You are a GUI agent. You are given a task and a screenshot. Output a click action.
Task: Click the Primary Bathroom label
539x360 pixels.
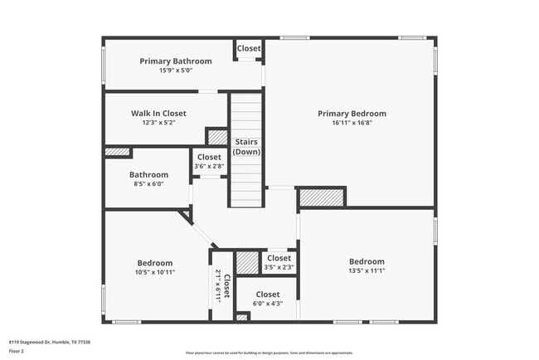tap(175, 61)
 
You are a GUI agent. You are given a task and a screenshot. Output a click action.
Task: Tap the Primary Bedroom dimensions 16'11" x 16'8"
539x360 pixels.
tap(352, 123)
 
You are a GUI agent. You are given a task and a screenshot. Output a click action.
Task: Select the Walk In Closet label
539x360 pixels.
tap(158, 114)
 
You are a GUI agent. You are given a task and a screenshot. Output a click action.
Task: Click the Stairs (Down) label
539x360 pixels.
tap(246, 147)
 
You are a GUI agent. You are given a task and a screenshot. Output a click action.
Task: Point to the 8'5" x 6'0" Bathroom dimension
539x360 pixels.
tap(148, 184)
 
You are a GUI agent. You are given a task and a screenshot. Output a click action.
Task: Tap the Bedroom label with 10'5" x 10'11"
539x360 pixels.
tap(155, 263)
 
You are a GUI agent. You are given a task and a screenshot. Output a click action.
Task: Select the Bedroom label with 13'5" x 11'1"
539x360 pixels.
tap(367, 261)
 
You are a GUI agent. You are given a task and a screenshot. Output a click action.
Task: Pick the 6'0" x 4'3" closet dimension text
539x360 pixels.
tap(267, 304)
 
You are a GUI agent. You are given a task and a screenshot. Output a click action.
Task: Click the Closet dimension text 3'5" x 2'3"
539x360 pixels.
tap(279, 267)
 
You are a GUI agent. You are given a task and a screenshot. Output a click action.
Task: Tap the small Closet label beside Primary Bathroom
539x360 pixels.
tap(249, 49)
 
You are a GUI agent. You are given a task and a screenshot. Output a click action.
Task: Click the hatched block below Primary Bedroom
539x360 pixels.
tap(320, 198)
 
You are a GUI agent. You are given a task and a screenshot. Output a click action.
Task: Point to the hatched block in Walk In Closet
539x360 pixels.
tap(217, 136)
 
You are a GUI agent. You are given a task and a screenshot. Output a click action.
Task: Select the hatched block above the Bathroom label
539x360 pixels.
tap(118, 152)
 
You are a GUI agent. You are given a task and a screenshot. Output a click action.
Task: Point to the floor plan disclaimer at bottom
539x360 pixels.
tap(269, 352)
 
